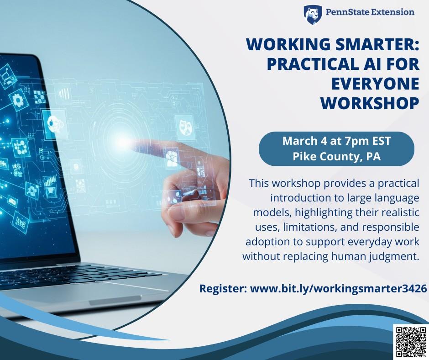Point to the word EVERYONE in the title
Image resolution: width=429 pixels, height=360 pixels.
tap(374, 84)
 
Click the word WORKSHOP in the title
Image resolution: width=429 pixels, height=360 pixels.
tap(369, 103)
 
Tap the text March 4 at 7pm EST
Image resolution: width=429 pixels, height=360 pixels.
tap(336, 140)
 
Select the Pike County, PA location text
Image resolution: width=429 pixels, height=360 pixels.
tap(336, 157)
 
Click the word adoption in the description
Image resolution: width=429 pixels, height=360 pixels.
tap(266, 241)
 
